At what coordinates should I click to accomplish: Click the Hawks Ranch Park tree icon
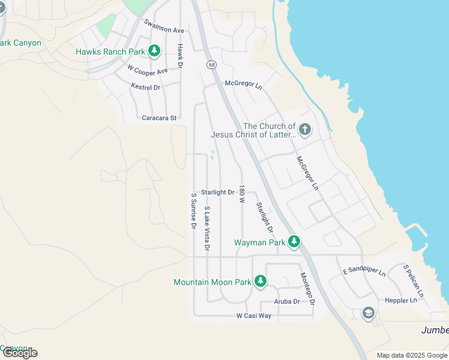click(155, 51)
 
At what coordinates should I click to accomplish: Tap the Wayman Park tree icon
click(294, 242)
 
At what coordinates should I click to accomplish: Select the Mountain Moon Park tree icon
click(260, 281)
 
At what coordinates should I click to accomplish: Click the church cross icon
click(304, 130)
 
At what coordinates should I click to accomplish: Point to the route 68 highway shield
click(211, 64)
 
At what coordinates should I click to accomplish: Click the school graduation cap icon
click(368, 313)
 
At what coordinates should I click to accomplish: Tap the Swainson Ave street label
click(164, 26)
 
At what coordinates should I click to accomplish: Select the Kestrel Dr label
click(146, 87)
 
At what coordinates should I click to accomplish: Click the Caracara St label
click(158, 118)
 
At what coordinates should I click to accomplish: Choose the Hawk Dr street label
click(179, 55)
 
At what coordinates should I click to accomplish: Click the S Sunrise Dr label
click(193, 211)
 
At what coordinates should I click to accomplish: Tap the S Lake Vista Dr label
click(207, 228)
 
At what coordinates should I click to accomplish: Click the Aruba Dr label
click(286, 301)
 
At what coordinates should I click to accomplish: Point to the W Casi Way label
click(253, 316)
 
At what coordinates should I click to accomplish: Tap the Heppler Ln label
click(405, 300)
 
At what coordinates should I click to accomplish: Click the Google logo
click(19, 353)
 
